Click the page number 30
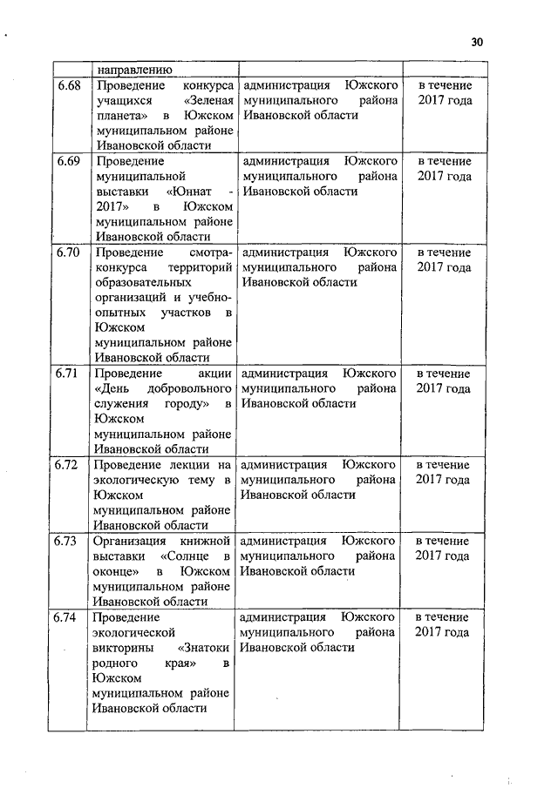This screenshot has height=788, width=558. (476, 42)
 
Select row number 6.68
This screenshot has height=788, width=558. (68, 86)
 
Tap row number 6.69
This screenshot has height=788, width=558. (68, 162)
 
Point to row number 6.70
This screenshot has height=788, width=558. (68, 253)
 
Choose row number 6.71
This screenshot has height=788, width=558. (68, 374)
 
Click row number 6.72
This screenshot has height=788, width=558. (66, 465)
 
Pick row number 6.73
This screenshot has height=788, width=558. (66, 541)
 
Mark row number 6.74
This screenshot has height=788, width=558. (66, 617)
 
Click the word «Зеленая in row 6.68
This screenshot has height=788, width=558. (208, 101)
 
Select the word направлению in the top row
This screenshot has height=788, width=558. (133, 69)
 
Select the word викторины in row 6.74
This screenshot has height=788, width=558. (123, 648)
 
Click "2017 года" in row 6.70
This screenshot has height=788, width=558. (444, 267)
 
